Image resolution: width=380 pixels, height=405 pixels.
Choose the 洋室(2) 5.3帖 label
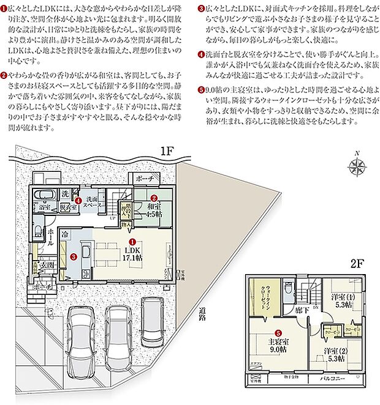(335, 354)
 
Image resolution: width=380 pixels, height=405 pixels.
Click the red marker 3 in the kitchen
(72, 257)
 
